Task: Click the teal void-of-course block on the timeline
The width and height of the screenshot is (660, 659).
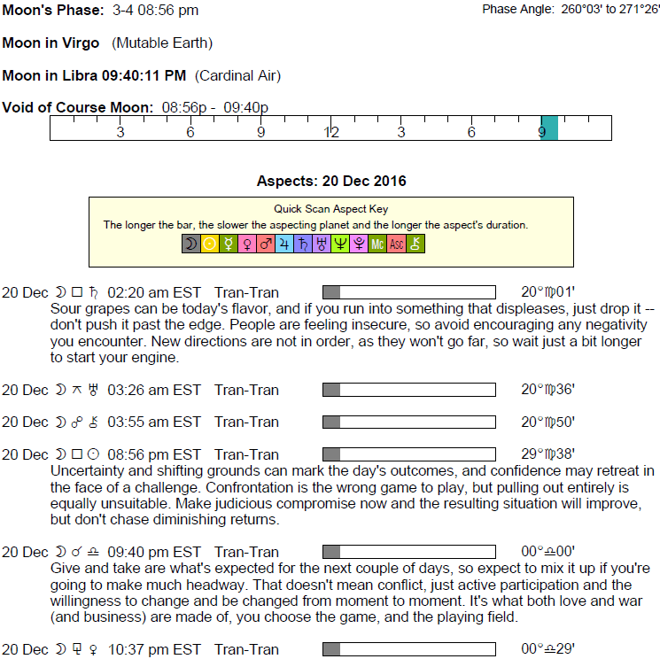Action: [x=549, y=128]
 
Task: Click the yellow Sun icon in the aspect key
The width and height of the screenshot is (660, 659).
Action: [x=210, y=244]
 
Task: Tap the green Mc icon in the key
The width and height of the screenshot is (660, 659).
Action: [x=377, y=244]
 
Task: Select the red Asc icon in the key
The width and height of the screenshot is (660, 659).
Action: [x=397, y=244]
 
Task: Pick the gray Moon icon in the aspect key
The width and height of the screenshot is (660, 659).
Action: [x=190, y=244]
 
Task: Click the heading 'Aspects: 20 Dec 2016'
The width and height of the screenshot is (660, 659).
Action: [x=331, y=182]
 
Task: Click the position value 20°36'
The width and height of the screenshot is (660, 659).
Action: [x=548, y=390]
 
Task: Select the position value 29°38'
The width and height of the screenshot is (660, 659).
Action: [x=548, y=454]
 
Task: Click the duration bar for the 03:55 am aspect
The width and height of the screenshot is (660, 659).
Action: [x=408, y=422]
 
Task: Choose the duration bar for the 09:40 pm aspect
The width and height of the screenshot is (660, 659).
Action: [x=408, y=552]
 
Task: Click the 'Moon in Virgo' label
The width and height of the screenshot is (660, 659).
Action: [x=51, y=43]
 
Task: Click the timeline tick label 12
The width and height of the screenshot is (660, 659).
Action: [x=330, y=133]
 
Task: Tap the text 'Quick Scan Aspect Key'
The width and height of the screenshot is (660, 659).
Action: [x=330, y=210]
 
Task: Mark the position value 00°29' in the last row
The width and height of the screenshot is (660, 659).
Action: [x=548, y=649]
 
